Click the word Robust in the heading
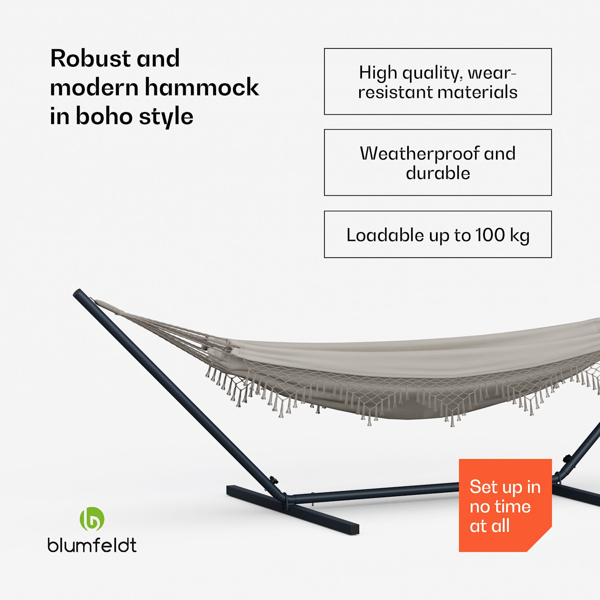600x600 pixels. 90,59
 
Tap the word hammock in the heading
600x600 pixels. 202,88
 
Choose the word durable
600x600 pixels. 438,173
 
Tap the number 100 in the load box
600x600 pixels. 490,235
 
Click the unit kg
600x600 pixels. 520,236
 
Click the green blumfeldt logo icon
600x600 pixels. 92,519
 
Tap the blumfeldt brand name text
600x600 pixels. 92,545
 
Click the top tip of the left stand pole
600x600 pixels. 77,293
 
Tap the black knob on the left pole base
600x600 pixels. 274,479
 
